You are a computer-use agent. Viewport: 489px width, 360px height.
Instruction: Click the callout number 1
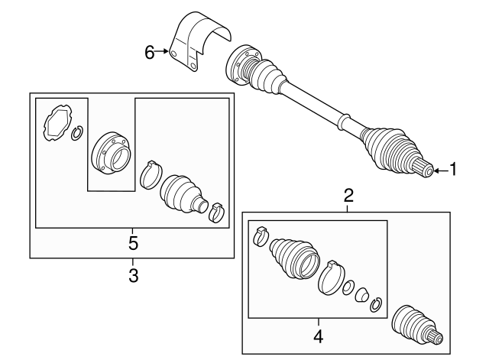(x=453, y=170)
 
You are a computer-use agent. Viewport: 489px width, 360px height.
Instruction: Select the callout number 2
(x=348, y=196)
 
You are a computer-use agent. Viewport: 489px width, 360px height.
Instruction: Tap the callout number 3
(x=133, y=275)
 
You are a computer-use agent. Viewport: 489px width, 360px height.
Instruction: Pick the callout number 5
(x=132, y=244)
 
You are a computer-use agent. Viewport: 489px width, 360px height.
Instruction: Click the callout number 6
(x=151, y=52)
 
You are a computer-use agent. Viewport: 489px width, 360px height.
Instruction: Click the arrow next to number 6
(x=164, y=52)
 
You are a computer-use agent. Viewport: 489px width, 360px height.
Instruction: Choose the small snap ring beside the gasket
(x=77, y=135)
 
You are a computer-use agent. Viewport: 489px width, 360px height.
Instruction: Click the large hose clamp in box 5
(x=151, y=174)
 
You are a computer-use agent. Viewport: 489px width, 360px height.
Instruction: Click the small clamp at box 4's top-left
(x=260, y=235)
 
